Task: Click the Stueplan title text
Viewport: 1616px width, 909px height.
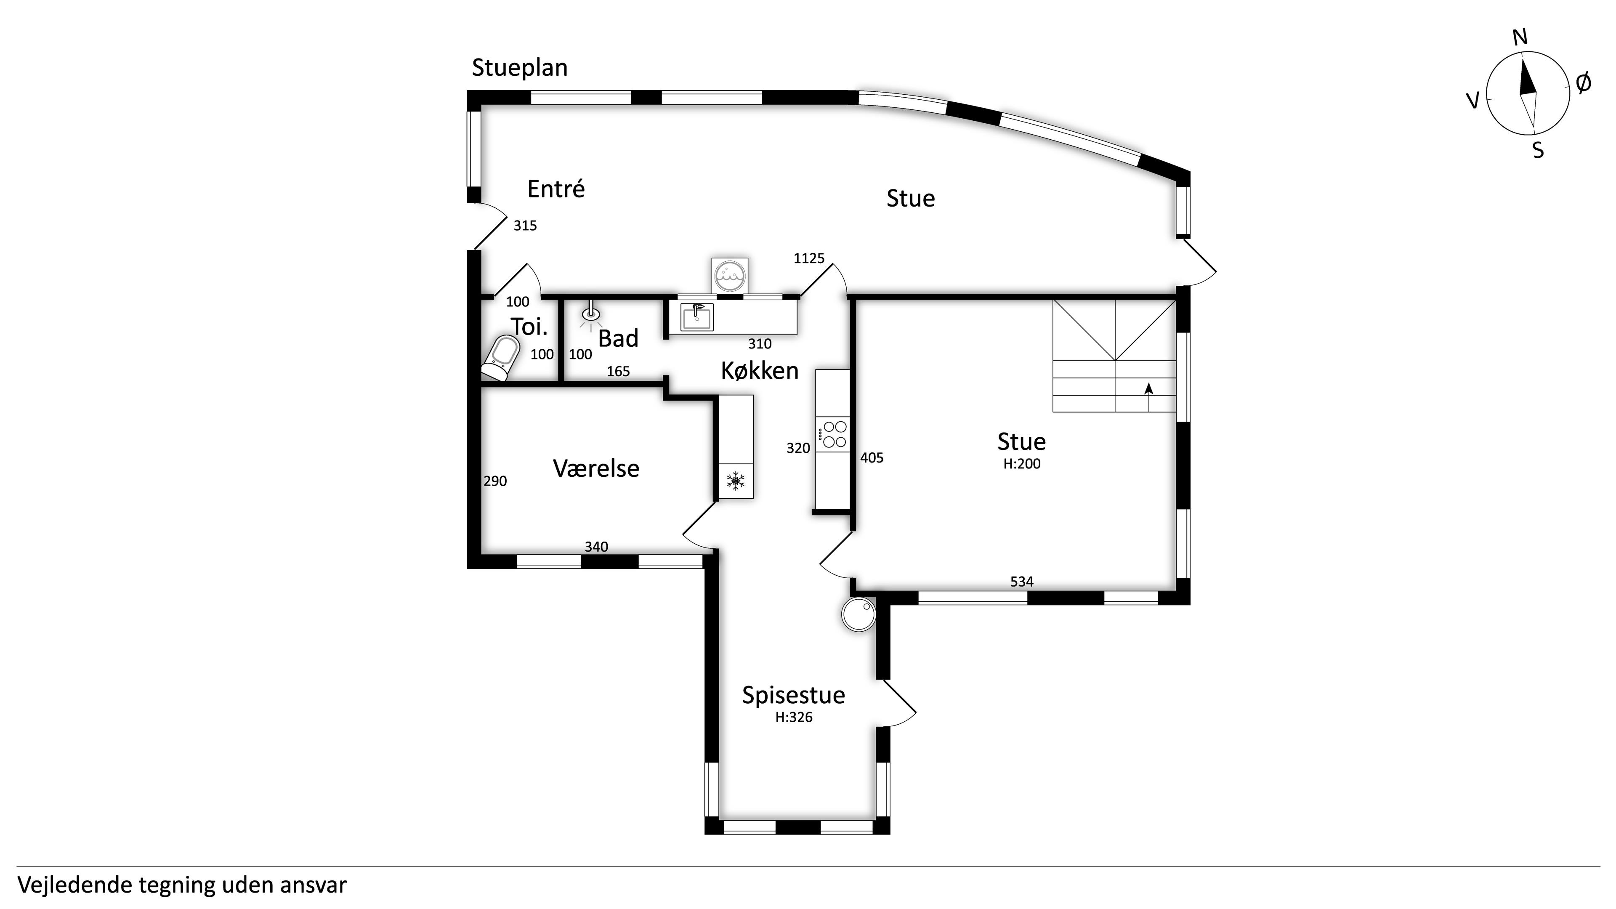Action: [519, 68]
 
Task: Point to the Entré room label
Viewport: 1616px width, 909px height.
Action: [556, 189]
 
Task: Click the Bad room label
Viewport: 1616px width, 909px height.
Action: [618, 339]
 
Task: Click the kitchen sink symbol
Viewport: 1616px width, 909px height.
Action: [697, 317]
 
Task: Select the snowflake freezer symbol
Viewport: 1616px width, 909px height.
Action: [735, 481]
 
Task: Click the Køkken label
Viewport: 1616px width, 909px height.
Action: [759, 371]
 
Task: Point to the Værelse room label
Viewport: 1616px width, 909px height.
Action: [596, 469]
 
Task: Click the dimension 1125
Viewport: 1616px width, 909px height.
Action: [808, 258]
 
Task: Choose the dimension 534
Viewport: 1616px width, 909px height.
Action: [1021, 582]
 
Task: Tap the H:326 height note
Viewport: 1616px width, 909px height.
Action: [794, 718]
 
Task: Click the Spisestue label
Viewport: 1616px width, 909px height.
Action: [794, 695]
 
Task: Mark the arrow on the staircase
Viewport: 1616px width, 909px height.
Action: [1148, 390]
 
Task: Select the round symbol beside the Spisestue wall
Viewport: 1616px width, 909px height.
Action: [858, 615]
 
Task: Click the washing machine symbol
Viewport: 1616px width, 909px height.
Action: [730, 275]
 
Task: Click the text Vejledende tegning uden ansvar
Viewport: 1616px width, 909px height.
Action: [182, 885]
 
